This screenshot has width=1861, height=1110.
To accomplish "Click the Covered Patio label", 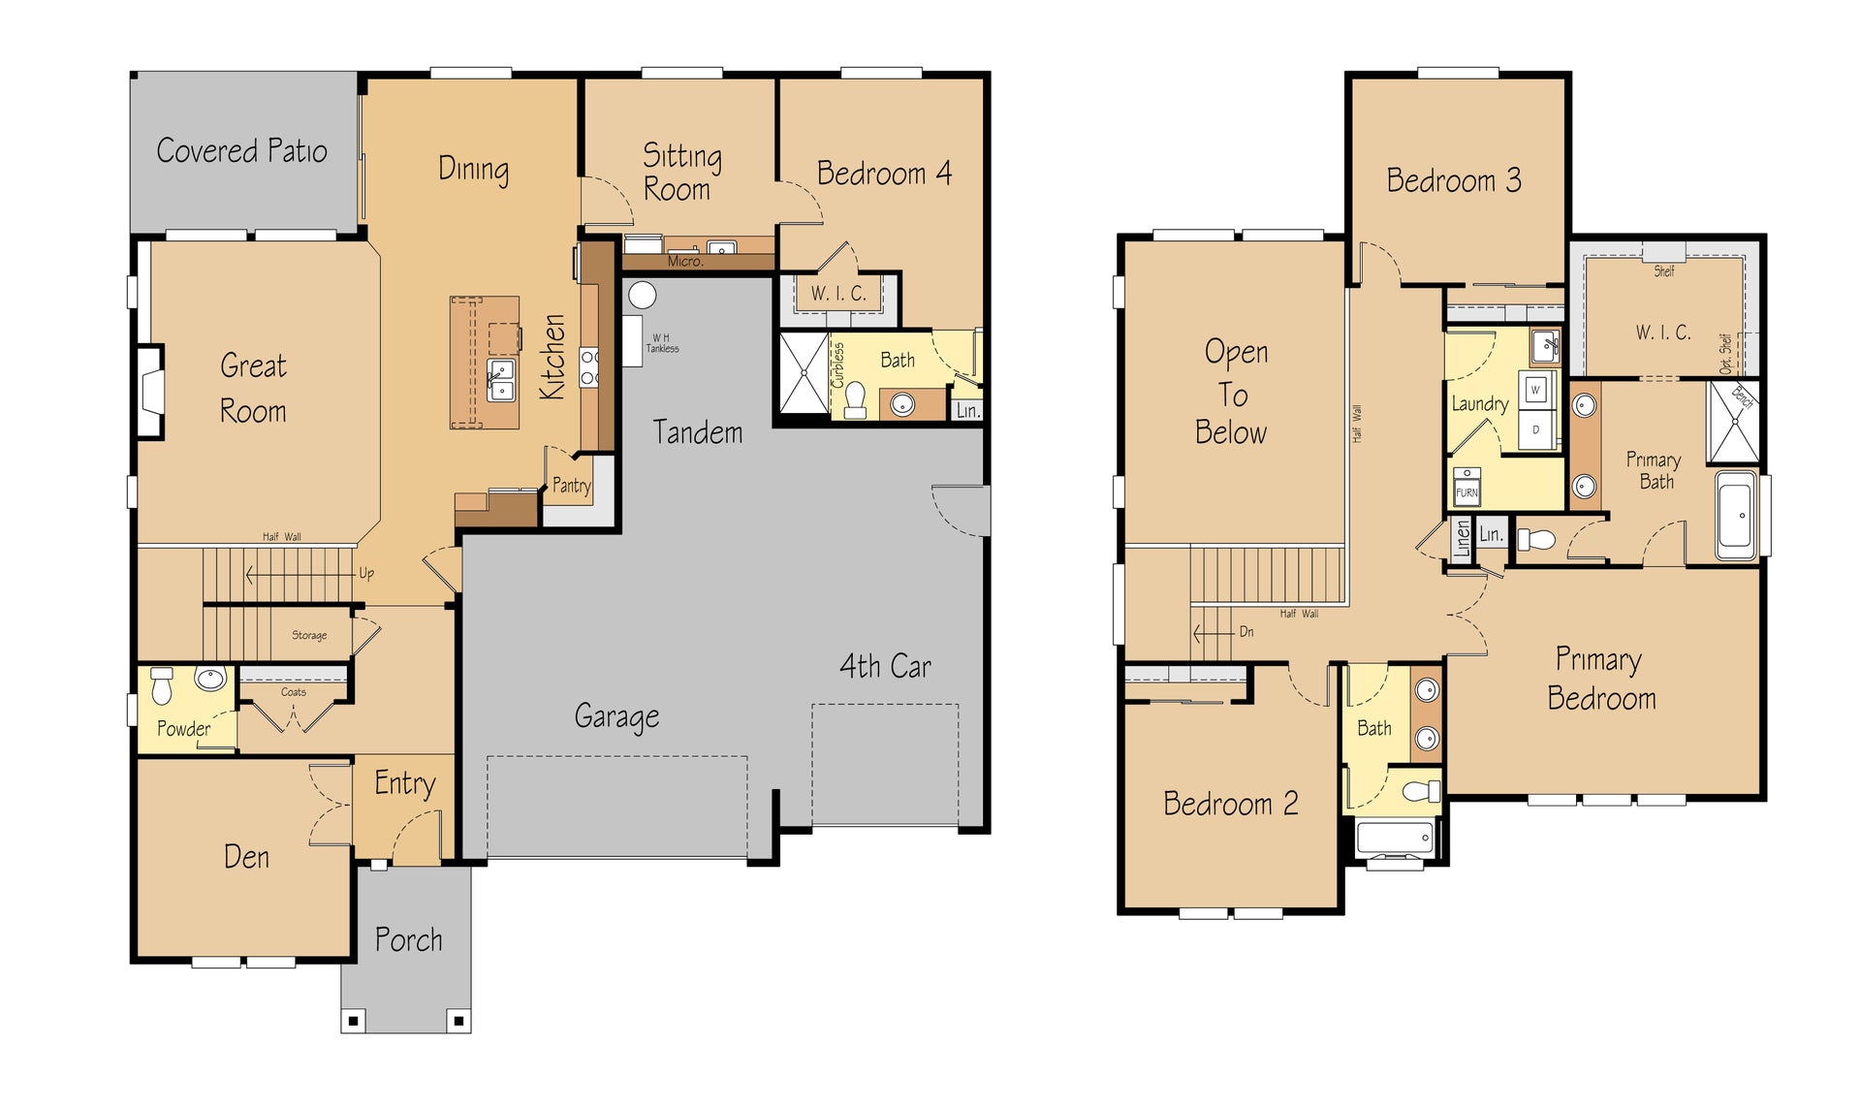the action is click(241, 150).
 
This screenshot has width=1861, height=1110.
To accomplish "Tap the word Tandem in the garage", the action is click(698, 432).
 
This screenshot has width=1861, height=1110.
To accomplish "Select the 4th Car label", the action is click(885, 666).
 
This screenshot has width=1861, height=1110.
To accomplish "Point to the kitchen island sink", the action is click(500, 379).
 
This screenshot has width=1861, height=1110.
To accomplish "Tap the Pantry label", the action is click(571, 486).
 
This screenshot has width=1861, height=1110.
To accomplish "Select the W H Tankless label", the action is click(663, 343).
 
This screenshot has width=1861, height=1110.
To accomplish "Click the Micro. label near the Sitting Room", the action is click(685, 261).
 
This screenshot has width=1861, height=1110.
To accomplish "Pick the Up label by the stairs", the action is click(366, 573).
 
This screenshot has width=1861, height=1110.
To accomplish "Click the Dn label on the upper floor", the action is click(1246, 631).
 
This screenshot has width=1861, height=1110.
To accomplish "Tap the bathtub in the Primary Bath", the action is click(1737, 516).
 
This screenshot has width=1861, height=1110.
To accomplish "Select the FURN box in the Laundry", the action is click(1467, 486).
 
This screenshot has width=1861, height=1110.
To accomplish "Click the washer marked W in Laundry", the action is click(1535, 390).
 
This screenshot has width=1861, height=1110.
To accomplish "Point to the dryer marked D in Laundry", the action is click(1535, 429).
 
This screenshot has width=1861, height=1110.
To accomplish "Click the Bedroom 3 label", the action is click(1453, 180).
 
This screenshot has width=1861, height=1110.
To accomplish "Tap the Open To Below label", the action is click(1232, 392).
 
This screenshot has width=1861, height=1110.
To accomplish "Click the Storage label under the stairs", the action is click(309, 635).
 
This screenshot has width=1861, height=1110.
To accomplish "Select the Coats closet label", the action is click(294, 692).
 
